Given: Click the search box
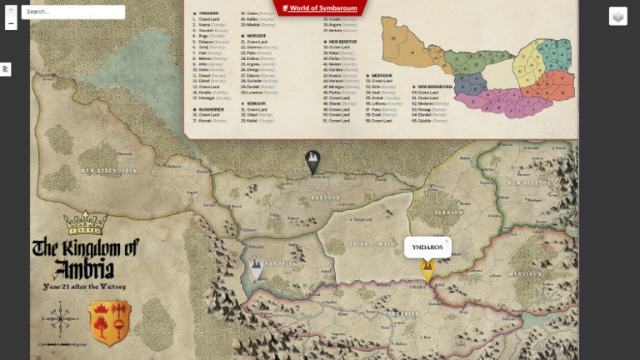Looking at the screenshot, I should click(73, 12).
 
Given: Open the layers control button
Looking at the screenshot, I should click(617, 16).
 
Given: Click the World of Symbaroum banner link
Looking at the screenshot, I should click(320, 7).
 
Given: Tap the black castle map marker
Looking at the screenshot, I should click(312, 161).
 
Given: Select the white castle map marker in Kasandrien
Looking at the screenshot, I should click(257, 267).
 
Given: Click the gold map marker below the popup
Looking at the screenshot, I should click(427, 269).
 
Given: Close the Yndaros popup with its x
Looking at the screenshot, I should click(447, 241).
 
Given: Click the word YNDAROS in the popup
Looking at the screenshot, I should click(427, 247).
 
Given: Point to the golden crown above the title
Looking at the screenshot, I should click(86, 222).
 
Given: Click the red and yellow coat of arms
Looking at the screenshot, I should click(109, 323).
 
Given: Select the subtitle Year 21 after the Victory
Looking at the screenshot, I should click(84, 286).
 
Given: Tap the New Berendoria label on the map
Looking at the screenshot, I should click(108, 171).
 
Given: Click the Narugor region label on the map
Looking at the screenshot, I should click(326, 197).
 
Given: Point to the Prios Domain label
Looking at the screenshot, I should click(372, 242).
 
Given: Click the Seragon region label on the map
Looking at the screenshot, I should click(448, 212).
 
